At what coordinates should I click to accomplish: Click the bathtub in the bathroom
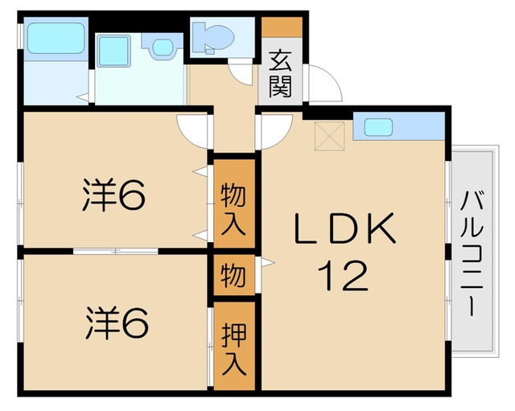pyautogui.click(x=55, y=38)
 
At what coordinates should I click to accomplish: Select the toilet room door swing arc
pyautogui.click(x=242, y=77)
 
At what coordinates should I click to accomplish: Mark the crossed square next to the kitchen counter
pyautogui.click(x=330, y=134)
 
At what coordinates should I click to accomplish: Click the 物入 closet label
pyautogui.click(x=233, y=207)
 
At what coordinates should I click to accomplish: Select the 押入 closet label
pyautogui.click(x=233, y=347)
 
